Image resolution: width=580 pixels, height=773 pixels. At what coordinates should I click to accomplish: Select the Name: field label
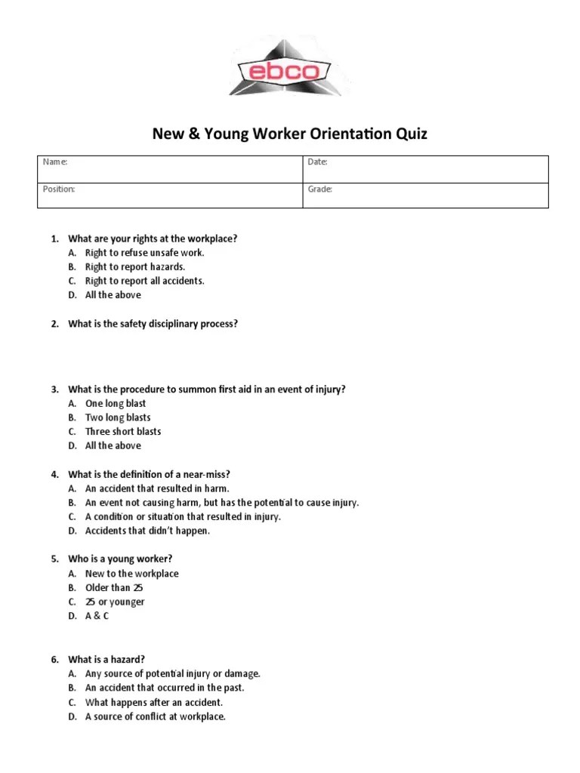pos(55,162)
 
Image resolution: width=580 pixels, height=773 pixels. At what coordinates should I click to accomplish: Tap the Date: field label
pos(317,162)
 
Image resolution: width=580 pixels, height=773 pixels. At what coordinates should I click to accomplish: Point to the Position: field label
pos(59,189)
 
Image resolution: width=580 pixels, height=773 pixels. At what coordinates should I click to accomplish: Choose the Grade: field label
pos(320,189)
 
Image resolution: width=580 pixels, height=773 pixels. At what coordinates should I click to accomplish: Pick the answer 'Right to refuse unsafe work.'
pos(144,253)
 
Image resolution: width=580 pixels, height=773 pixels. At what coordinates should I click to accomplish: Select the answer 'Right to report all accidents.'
pos(144,281)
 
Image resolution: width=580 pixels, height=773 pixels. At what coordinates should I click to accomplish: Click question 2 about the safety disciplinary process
pos(153,324)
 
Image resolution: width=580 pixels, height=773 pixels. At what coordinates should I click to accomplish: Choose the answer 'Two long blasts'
pos(118,417)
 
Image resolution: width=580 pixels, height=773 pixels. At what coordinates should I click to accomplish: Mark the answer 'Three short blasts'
pos(123,432)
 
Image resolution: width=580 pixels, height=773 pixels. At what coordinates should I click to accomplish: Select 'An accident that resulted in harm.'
pos(156,488)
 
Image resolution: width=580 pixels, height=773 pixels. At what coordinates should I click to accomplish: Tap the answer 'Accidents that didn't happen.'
pos(147,531)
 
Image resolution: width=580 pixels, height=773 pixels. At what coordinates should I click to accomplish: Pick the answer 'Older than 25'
pos(113,588)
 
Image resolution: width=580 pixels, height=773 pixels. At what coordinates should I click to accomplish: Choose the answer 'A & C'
pos(97,616)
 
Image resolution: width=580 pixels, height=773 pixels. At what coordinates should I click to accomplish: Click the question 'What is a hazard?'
pos(106,659)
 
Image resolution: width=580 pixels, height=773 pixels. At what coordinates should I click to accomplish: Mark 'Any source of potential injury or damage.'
pos(172,673)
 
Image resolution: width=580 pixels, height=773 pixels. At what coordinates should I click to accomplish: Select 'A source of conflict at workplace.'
pos(155,716)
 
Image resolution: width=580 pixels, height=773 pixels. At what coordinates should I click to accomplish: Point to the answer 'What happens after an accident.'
pos(153,702)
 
